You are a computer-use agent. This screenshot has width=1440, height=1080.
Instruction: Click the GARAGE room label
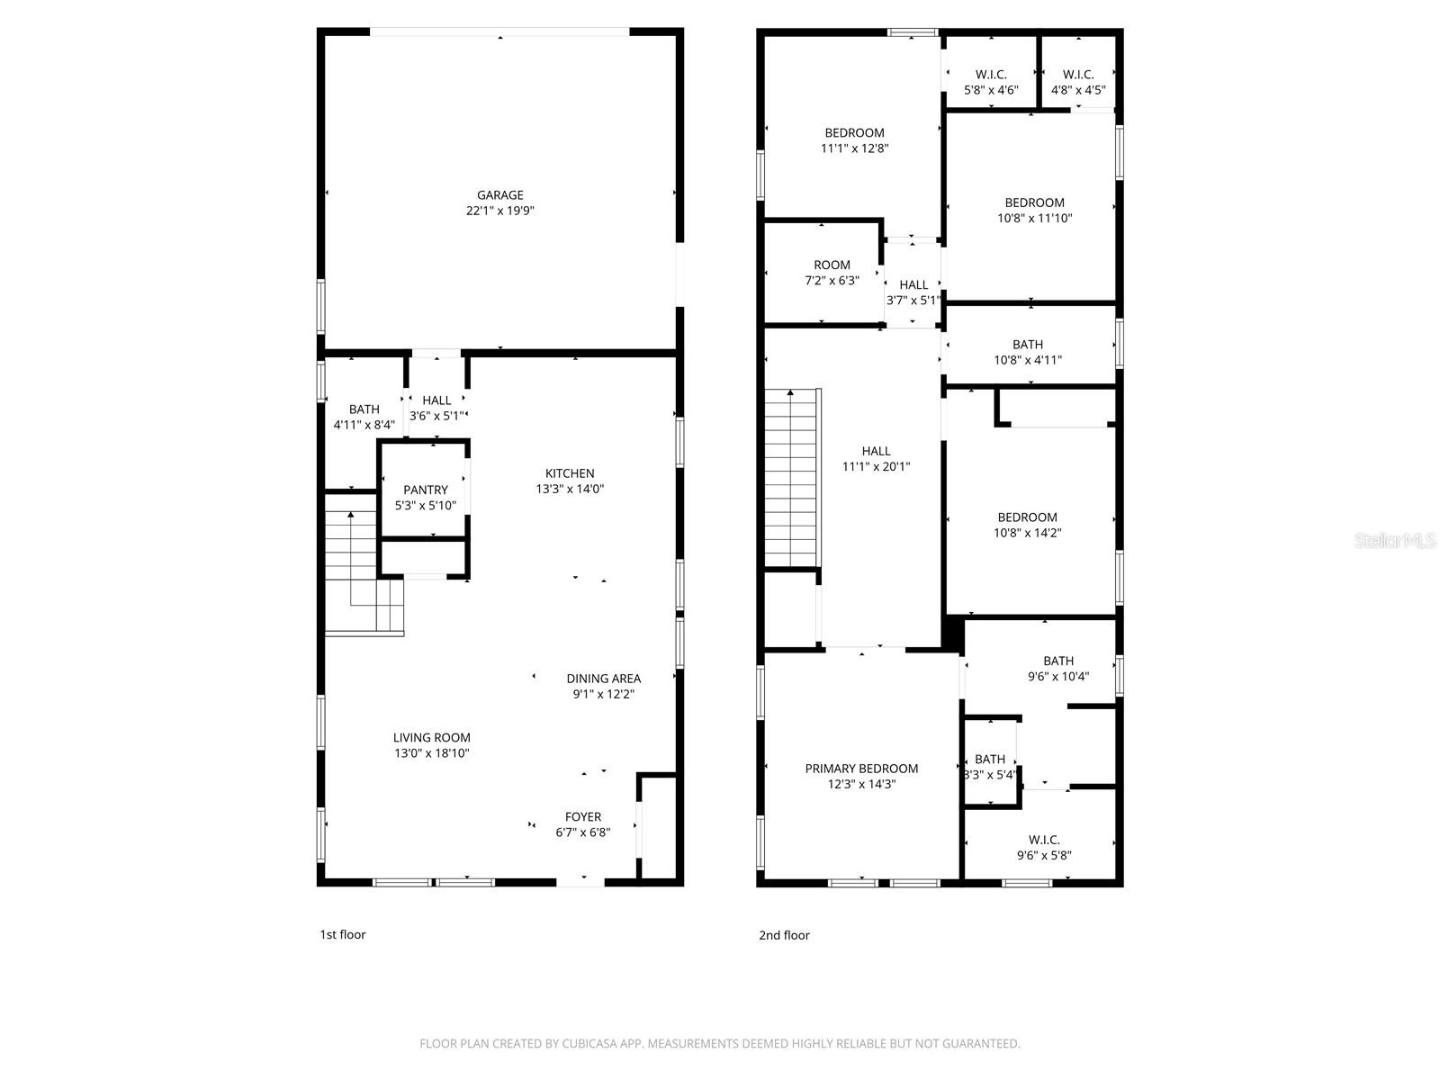pyautogui.click(x=499, y=195)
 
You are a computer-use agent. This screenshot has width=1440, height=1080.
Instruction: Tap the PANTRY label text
pyautogui.click(x=426, y=490)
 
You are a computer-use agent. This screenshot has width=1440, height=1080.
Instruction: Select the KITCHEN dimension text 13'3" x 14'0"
pyautogui.click(x=570, y=490)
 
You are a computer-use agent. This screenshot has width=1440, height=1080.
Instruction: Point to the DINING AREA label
pyautogui.click(x=603, y=679)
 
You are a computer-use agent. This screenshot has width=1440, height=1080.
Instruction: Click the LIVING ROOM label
pyautogui.click(x=431, y=737)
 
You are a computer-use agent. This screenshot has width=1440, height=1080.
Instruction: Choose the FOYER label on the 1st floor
pyautogui.click(x=583, y=817)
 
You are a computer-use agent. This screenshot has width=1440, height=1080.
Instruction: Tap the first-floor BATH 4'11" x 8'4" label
pyautogui.click(x=364, y=417)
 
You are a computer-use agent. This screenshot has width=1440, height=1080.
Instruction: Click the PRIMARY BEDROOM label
pyautogui.click(x=861, y=769)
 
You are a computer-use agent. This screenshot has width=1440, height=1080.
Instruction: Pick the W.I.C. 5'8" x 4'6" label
pyautogui.click(x=991, y=75)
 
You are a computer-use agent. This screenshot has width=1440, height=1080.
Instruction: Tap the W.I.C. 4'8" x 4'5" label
pyautogui.click(x=1078, y=75)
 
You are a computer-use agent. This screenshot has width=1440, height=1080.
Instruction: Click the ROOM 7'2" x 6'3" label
pyautogui.click(x=832, y=265)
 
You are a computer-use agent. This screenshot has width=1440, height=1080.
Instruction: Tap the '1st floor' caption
pyautogui.click(x=343, y=934)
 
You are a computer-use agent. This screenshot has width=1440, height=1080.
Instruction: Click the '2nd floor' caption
pyautogui.click(x=784, y=935)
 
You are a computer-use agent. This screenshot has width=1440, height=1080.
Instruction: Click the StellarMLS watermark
pyautogui.click(x=1394, y=541)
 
